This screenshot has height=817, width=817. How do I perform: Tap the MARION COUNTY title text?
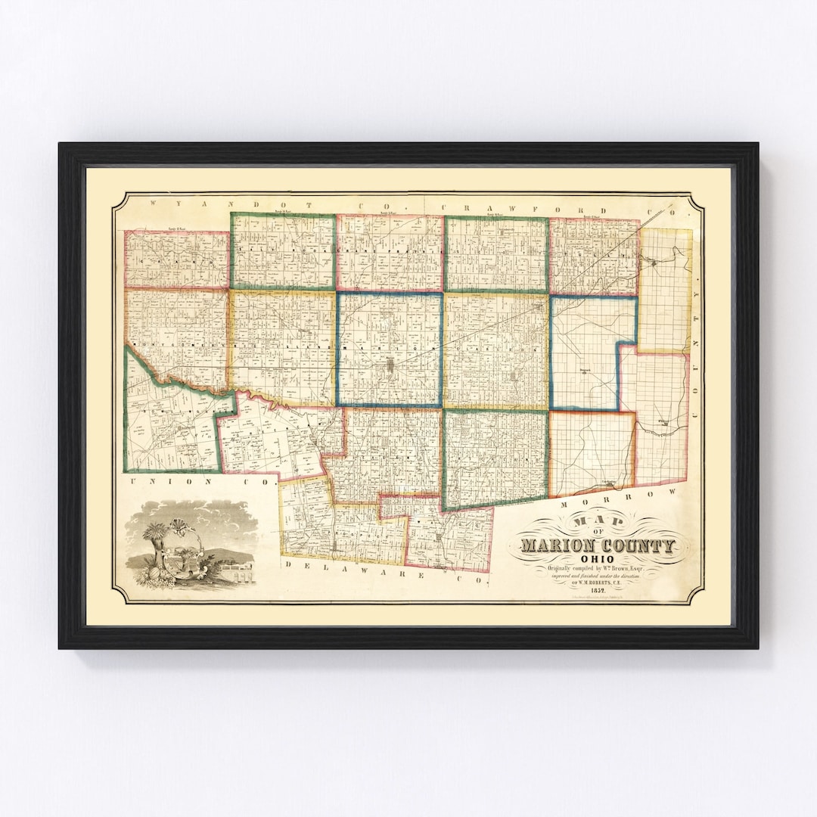597,545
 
